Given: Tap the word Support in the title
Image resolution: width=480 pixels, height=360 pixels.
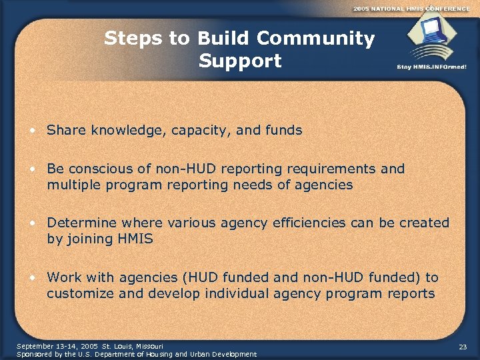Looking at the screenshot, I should point(240,61).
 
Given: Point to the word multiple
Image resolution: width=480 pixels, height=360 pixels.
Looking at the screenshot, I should point(72,185).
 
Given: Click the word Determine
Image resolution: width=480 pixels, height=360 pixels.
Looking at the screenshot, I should point(81,223).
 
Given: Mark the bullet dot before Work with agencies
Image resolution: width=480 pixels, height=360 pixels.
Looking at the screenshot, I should point(33,277).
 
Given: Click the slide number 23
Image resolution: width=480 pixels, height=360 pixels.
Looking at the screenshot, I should point(463,347).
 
